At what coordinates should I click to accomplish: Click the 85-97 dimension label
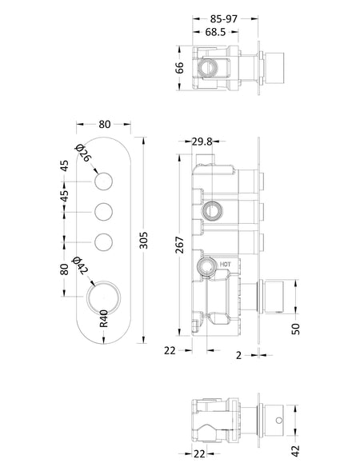click(x=223, y=19)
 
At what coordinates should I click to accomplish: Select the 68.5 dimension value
click(x=215, y=32)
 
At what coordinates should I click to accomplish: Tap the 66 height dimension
click(x=179, y=68)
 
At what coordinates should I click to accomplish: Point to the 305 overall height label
click(x=144, y=240)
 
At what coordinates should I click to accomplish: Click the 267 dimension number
click(x=179, y=245)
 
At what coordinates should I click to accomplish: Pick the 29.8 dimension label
click(x=202, y=142)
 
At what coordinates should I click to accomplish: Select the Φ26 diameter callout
click(x=82, y=154)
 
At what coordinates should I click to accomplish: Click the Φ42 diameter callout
click(x=80, y=265)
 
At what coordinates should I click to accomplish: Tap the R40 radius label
click(x=103, y=318)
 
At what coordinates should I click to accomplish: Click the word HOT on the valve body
click(x=226, y=265)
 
